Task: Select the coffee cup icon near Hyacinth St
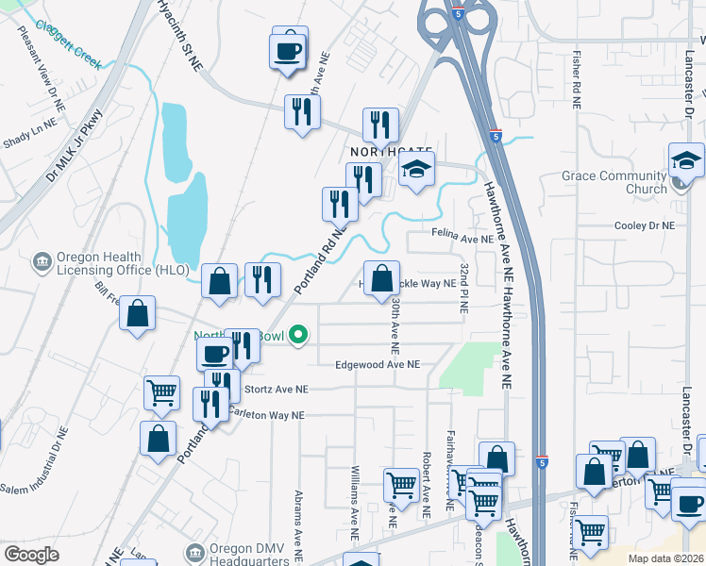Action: [289, 49]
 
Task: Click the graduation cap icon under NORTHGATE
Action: [414, 170]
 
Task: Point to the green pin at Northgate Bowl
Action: [299, 335]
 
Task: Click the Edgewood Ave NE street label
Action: [378, 364]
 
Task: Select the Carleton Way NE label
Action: [270, 415]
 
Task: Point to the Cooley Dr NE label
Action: [645, 226]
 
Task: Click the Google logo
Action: [31, 554]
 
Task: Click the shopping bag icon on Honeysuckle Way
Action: [381, 279]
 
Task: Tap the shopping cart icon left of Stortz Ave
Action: [161, 391]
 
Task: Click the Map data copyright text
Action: [664, 558]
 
